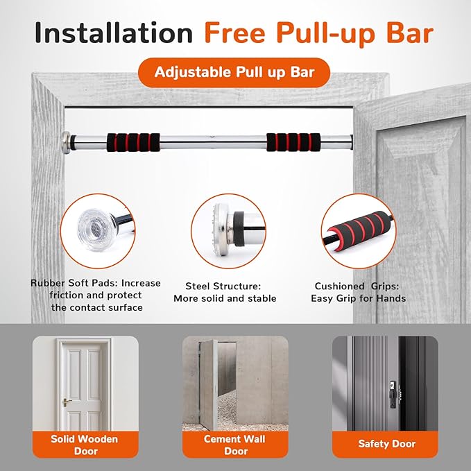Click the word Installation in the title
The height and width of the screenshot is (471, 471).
tap(114, 33)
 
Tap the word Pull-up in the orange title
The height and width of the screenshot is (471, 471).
tap(325, 34)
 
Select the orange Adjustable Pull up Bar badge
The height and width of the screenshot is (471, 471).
tap(234, 72)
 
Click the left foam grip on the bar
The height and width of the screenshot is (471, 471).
tap(133, 142)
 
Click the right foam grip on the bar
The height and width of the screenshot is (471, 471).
tap(293, 142)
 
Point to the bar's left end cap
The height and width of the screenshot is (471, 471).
tap(67, 142)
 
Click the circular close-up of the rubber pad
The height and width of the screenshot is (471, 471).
tap(98, 231)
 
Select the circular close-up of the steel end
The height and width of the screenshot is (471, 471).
tap(228, 231)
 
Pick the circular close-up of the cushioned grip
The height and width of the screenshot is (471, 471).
tap(359, 231)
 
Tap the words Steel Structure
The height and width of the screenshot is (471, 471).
tap(223, 286)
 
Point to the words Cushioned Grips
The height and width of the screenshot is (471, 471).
tap(357, 286)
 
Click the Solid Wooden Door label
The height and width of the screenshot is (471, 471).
tap(85, 445)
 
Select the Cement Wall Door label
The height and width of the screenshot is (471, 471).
tap(235, 445)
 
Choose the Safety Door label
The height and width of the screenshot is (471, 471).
tap(386, 444)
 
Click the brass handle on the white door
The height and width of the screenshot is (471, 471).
tap(66, 402)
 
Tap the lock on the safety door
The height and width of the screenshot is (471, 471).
tap(393, 394)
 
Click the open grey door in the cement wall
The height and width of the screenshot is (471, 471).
tap(208, 385)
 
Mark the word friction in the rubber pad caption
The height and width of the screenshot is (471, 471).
tap(66, 295)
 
